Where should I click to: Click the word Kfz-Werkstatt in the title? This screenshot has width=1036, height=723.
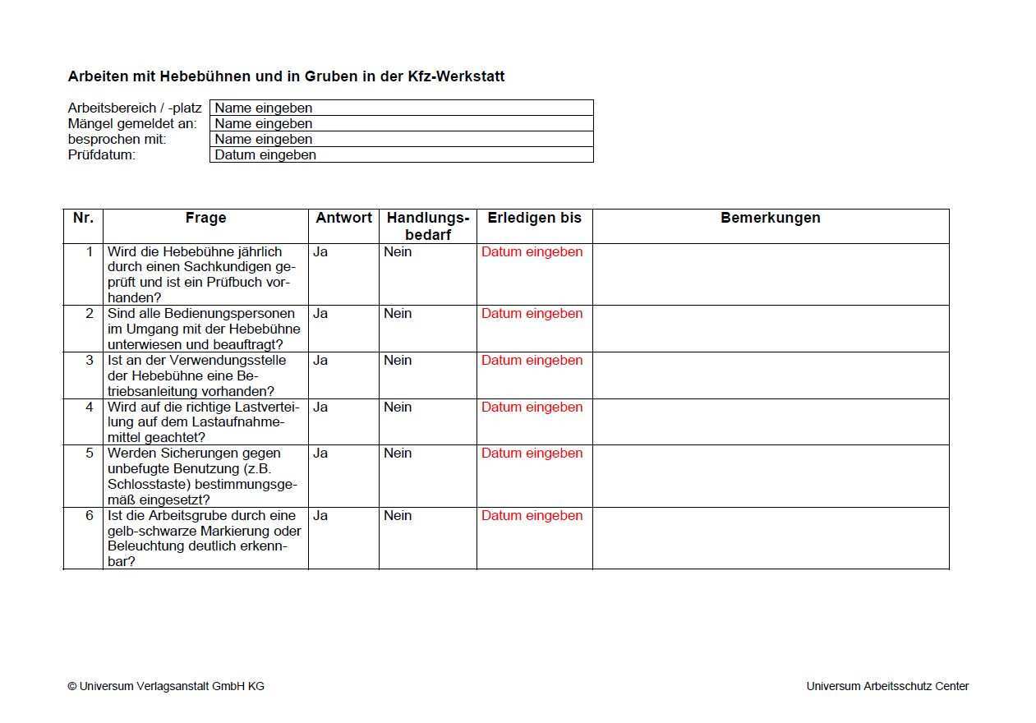pyautogui.click(x=456, y=76)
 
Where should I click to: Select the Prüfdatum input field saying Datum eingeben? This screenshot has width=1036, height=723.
pyautogui.click(x=401, y=154)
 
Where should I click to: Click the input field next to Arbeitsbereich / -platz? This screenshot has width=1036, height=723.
pyautogui.click(x=401, y=108)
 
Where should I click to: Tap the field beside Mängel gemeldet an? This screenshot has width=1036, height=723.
pyautogui.click(x=401, y=123)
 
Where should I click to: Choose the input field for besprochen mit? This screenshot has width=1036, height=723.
pyautogui.click(x=401, y=139)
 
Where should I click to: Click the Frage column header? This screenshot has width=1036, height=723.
pyautogui.click(x=205, y=218)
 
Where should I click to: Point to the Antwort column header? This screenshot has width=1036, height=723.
pyautogui.click(x=343, y=218)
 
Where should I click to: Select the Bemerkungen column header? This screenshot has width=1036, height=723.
pyautogui.click(x=770, y=218)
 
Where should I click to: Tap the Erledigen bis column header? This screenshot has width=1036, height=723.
pyautogui.click(x=534, y=218)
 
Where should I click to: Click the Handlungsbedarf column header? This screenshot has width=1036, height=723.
pyautogui.click(x=427, y=226)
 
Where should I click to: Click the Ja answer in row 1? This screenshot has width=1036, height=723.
pyautogui.click(x=320, y=252)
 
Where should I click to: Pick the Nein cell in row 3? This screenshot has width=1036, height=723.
pyautogui.click(x=398, y=361)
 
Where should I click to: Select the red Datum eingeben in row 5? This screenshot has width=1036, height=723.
pyautogui.click(x=532, y=454)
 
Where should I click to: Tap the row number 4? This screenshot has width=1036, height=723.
pyautogui.click(x=90, y=408)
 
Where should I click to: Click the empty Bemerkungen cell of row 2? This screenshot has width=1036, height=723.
pyautogui.click(x=770, y=329)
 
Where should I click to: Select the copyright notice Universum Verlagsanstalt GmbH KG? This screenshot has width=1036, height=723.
pyautogui.click(x=166, y=686)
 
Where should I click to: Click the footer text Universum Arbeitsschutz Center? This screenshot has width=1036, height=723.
pyautogui.click(x=887, y=686)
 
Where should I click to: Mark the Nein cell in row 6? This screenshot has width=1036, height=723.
pyautogui.click(x=398, y=516)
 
